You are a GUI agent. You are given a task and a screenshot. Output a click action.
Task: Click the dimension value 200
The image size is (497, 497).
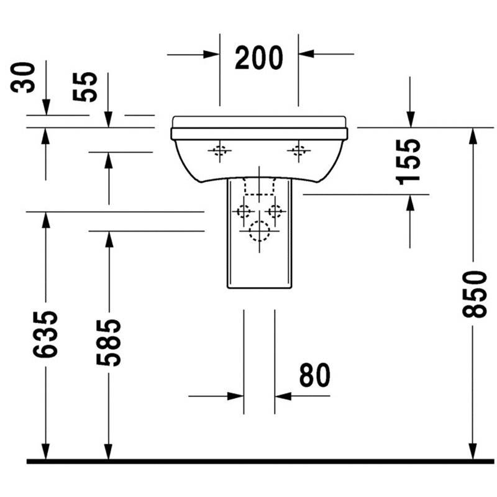(x=258, y=57)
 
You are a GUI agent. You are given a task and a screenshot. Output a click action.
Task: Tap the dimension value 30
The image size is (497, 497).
(x=22, y=77)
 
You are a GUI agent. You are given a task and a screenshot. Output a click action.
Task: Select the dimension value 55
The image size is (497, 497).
(x=85, y=87)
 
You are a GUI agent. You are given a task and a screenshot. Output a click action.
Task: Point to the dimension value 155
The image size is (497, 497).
(x=408, y=162)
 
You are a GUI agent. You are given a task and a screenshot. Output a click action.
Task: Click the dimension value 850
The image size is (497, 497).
(x=475, y=294)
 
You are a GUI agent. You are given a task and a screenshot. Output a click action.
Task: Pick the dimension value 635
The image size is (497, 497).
(x=45, y=334)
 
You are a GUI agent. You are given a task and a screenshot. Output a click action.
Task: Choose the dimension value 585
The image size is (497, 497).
(x=109, y=342)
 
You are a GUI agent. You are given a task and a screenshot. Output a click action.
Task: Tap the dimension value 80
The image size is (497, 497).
(x=315, y=375)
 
